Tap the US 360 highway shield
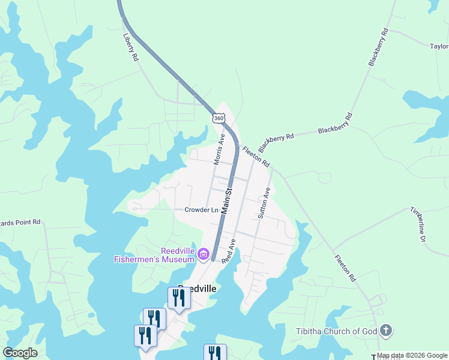pyautogui.click(x=218, y=118)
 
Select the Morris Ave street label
pyautogui.click(x=219, y=149)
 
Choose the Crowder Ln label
pyautogui.click(x=201, y=210)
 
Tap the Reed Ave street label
pyautogui.click(x=228, y=251)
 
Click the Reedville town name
pyautogui.click(x=196, y=288)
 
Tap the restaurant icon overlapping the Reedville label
pyautogui.click(x=179, y=298)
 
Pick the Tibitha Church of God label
pyautogui.click(x=337, y=331)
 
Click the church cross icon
pyautogui.click(x=385, y=331)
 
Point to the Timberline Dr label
pyautogui.click(x=418, y=224)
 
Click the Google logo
pyautogui.click(x=20, y=353)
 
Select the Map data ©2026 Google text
pyautogui.click(x=412, y=356)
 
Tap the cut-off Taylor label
pyautogui.click(x=439, y=46)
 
